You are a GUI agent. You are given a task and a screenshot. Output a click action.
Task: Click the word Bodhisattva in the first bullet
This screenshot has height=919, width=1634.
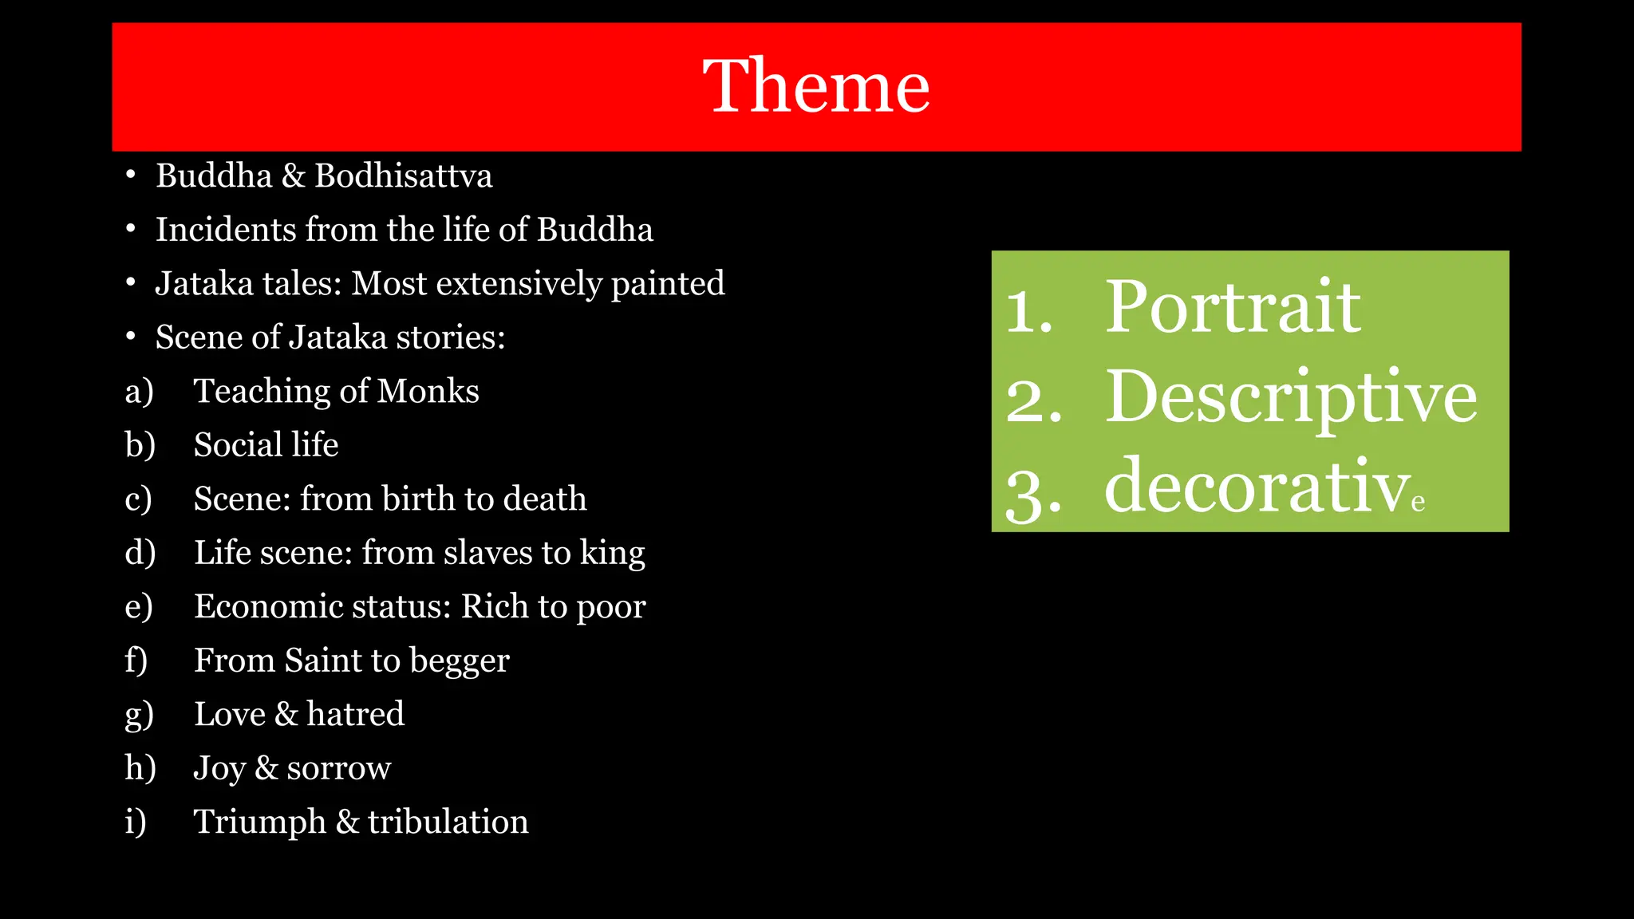point(403,176)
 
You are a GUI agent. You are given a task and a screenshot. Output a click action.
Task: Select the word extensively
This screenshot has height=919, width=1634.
point(519,284)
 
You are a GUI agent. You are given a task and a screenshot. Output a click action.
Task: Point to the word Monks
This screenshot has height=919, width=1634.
point(428,391)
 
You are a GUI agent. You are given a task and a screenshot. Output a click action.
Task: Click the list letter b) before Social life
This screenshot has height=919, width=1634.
point(140,445)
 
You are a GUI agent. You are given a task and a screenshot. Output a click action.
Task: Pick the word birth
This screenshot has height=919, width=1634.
point(418,499)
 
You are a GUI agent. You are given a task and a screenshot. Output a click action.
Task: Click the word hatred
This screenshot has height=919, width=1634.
point(355,714)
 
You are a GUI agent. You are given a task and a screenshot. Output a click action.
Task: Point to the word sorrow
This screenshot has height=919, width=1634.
point(338,768)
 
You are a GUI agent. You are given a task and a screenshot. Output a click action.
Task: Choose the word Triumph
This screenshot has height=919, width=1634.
point(260,822)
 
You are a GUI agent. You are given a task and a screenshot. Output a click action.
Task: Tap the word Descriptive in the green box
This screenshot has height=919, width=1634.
point(1290,397)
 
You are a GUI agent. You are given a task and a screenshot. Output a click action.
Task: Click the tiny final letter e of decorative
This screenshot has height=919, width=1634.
point(1418,503)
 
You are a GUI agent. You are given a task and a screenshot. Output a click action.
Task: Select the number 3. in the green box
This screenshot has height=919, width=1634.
point(1032,495)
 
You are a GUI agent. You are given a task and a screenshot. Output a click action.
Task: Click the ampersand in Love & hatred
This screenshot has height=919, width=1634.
point(286,714)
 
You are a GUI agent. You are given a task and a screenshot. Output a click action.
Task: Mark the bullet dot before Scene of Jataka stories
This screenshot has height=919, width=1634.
point(131,337)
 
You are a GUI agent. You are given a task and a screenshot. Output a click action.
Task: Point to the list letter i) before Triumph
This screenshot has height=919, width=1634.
point(136,822)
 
